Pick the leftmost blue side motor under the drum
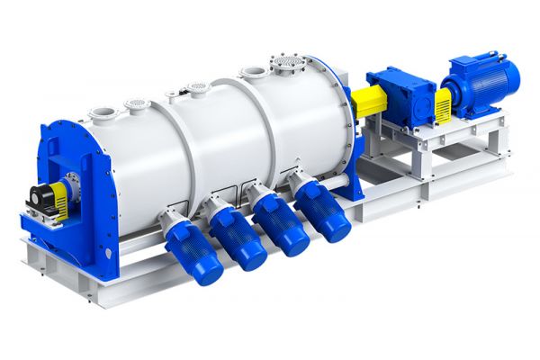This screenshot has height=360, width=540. tap(194, 252)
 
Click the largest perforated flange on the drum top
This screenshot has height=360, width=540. tap(287, 65)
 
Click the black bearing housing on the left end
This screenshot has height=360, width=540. tap(40, 195)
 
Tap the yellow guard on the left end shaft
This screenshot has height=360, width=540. tap(59, 192)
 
